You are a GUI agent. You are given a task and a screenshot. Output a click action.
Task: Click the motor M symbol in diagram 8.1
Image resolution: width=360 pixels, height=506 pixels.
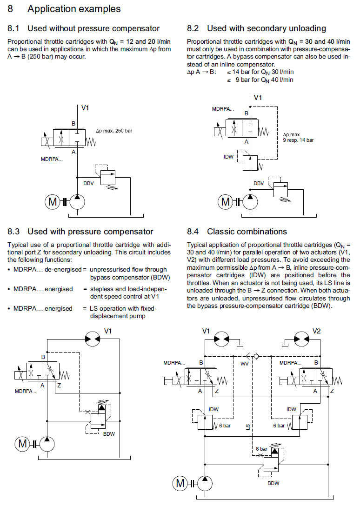51,202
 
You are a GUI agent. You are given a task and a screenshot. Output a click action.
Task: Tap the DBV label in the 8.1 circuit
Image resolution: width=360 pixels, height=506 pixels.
88,184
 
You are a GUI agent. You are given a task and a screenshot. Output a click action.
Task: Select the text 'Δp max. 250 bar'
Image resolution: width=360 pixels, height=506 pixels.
114,131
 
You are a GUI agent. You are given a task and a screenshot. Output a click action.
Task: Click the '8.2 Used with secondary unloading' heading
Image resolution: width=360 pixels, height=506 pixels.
256,28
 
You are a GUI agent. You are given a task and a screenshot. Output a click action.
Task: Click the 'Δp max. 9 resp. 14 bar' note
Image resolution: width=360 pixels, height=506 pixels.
298,137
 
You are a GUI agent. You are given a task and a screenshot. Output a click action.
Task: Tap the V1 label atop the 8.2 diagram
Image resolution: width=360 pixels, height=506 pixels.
258,98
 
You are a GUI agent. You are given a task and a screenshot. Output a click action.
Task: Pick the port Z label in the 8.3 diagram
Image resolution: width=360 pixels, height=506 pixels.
59,385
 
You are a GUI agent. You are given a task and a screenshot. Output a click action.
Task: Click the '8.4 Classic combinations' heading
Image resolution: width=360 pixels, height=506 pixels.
237,231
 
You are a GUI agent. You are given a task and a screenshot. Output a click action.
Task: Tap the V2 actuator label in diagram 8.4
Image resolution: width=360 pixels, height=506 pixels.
316,331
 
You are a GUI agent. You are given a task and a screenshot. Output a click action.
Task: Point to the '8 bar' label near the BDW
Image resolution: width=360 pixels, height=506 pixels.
261,449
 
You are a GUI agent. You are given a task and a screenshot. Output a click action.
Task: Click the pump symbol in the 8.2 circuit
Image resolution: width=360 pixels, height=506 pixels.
250,202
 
